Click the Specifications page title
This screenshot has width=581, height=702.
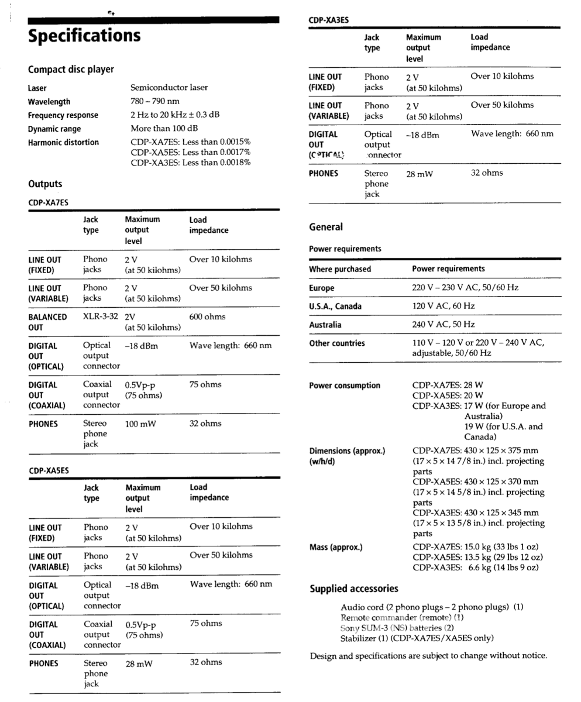(x=84, y=36)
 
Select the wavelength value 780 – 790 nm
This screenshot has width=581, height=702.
(x=154, y=101)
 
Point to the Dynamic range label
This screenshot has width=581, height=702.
(x=54, y=129)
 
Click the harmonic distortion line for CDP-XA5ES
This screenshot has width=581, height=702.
(x=191, y=152)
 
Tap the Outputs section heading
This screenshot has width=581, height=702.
(x=45, y=184)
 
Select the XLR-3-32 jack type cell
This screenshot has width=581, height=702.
(x=101, y=316)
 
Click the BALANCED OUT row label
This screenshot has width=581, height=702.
(x=47, y=322)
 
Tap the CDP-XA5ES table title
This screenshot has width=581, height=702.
(x=49, y=470)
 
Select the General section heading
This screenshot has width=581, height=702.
(x=326, y=227)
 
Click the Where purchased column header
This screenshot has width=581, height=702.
(x=340, y=269)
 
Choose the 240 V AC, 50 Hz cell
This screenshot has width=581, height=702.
(x=444, y=325)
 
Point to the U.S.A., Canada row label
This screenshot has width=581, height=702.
(x=335, y=307)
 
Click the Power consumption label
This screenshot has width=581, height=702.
(x=345, y=386)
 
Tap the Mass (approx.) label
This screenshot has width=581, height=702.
(x=336, y=548)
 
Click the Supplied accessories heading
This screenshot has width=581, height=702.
(x=354, y=589)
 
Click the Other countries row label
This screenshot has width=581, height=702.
(x=337, y=343)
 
